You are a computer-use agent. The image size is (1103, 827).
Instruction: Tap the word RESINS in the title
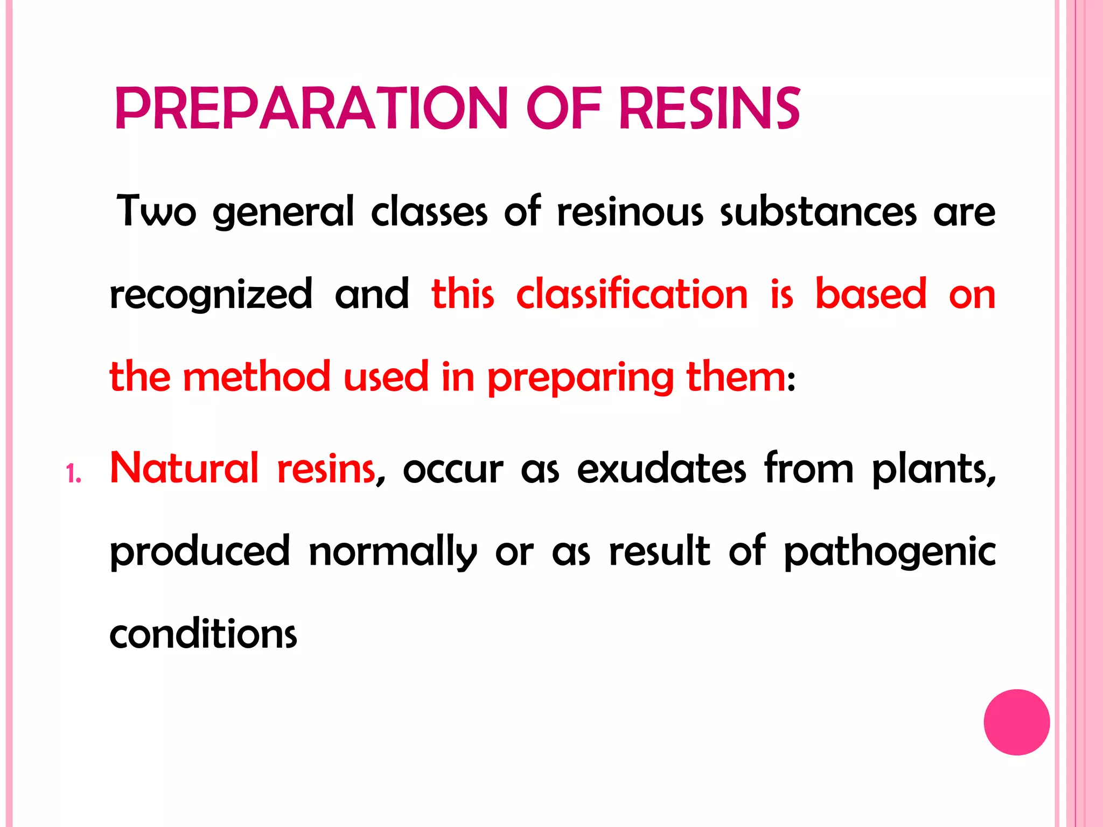[x=710, y=109]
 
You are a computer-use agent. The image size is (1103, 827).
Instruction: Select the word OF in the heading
[x=563, y=109]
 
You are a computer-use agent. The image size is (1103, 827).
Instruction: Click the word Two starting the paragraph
[x=156, y=211]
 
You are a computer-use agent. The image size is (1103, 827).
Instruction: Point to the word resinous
[x=630, y=211]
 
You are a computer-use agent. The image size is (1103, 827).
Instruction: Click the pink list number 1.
[x=73, y=474]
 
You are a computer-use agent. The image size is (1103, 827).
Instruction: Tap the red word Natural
[x=185, y=468]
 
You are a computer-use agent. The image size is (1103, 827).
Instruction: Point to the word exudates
[x=662, y=468]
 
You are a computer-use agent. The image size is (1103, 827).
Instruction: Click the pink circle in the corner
[x=1016, y=722]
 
